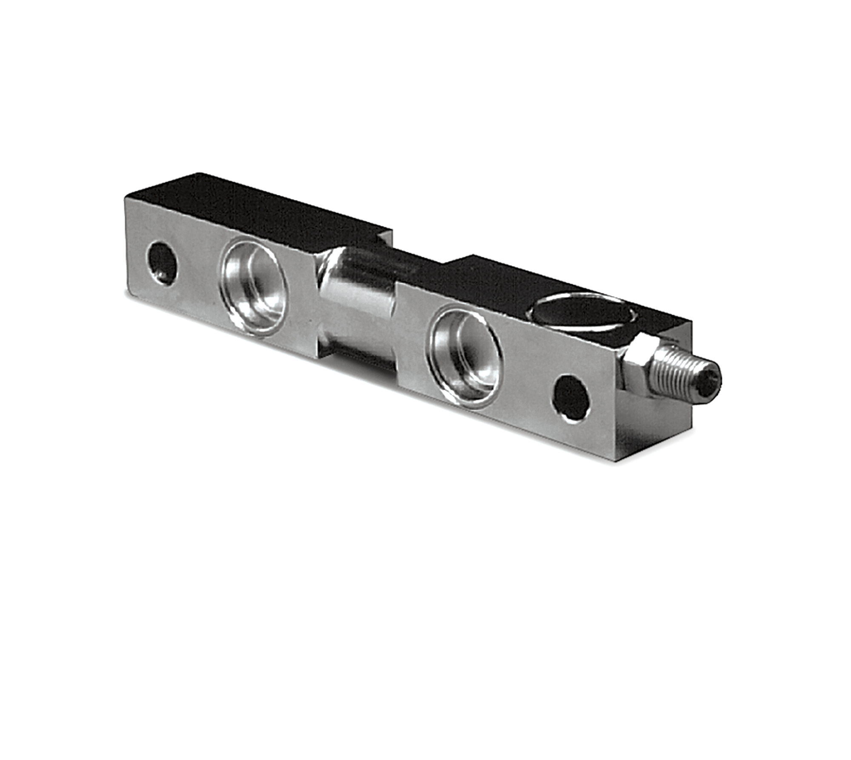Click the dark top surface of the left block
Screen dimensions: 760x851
click(255, 204)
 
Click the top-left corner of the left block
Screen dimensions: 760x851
click(124, 197)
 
